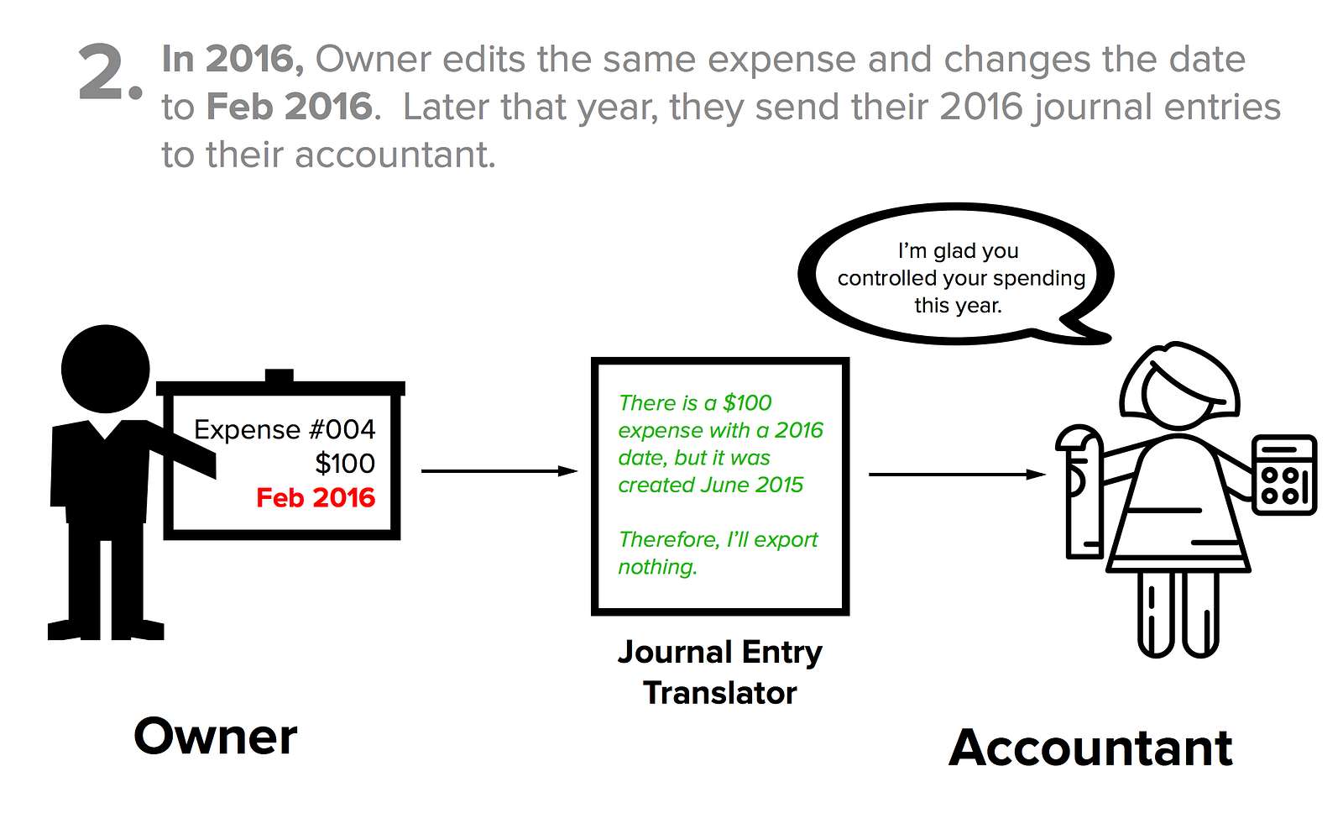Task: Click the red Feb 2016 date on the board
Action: [316, 497]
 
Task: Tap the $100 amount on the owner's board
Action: [344, 463]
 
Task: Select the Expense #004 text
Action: [285, 429]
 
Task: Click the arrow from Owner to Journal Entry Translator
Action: [499, 471]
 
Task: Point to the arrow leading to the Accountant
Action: [957, 475]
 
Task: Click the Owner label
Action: [216, 737]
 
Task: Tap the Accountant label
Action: [1090, 748]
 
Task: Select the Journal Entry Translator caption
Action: [720, 672]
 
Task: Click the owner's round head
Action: [106, 369]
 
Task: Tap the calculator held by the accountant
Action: [1284, 475]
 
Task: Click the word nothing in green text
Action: [656, 567]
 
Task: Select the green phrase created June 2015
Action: [710, 485]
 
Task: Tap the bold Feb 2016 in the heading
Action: [290, 107]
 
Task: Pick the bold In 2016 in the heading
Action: [233, 59]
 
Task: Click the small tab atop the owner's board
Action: [279, 375]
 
